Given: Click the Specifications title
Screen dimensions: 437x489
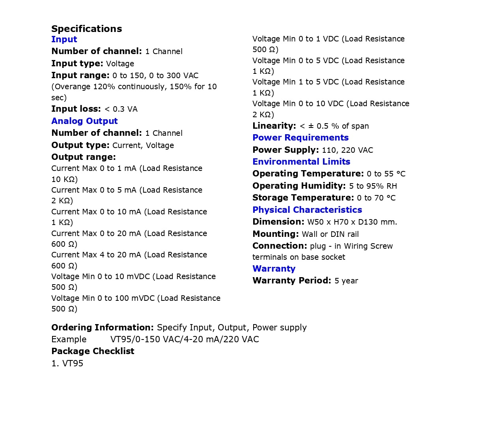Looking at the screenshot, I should pos(86,29).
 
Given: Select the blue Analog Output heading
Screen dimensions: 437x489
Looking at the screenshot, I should pos(84,121).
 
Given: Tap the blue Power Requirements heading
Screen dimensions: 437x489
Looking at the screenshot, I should pos(300,138).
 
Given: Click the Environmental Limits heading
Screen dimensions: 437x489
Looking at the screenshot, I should pos(301,162).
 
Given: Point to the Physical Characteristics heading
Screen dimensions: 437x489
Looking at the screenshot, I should pos(307,210).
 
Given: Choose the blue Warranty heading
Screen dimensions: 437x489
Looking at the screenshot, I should pos(274,269).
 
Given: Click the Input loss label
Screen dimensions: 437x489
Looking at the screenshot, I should pos(76,109).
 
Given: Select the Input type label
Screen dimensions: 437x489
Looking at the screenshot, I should pos(77,64).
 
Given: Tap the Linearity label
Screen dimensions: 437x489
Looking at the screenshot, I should pos(274,126).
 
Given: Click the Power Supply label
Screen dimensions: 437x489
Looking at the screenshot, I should pos(286,150).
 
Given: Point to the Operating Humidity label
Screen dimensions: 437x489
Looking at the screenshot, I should pos(299,186).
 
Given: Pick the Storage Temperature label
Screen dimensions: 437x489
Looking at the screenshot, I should pos(303,198).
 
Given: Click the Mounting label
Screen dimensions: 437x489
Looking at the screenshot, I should pos(276,234).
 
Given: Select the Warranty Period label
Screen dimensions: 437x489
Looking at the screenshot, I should pos(292,281).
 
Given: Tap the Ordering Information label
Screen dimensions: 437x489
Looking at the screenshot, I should pos(103,328).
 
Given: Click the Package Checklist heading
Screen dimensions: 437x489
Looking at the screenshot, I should pos(93,351).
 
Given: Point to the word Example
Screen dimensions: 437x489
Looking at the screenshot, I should pos(69,339).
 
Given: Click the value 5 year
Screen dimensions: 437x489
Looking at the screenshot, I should pos(346,281).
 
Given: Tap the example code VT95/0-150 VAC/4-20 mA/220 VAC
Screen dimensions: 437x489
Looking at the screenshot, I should pos(185,339).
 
